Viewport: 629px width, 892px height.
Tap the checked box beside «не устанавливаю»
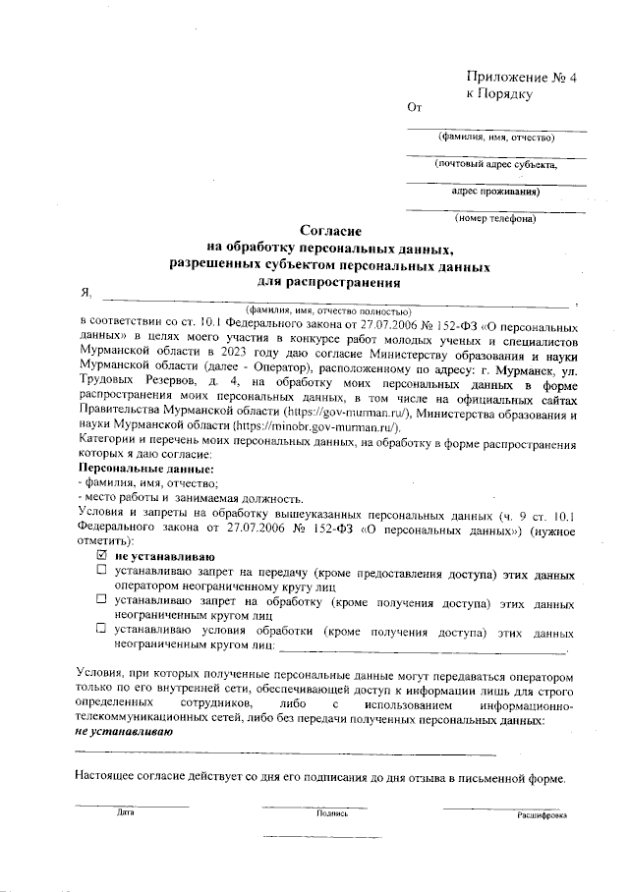pyautogui.click(x=100, y=556)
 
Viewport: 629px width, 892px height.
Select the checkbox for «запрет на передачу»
pyautogui.click(x=100, y=570)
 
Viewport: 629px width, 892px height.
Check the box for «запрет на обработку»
pyautogui.click(x=100, y=597)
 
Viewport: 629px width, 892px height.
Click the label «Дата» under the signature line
pyautogui.click(x=125, y=813)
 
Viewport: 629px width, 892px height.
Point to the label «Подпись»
pyautogui.click(x=332, y=813)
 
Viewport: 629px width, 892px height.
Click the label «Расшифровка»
pyautogui.click(x=542, y=815)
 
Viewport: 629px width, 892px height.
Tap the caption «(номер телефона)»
pyautogui.click(x=495, y=218)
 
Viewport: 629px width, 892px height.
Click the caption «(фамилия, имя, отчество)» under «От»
pyautogui.click(x=497, y=138)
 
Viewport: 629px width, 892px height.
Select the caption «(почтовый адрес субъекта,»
pyautogui.click(x=497, y=164)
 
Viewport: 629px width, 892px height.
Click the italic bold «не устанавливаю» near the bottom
pyautogui.click(x=124, y=732)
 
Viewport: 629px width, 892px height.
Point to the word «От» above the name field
pyautogui.click(x=414, y=108)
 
